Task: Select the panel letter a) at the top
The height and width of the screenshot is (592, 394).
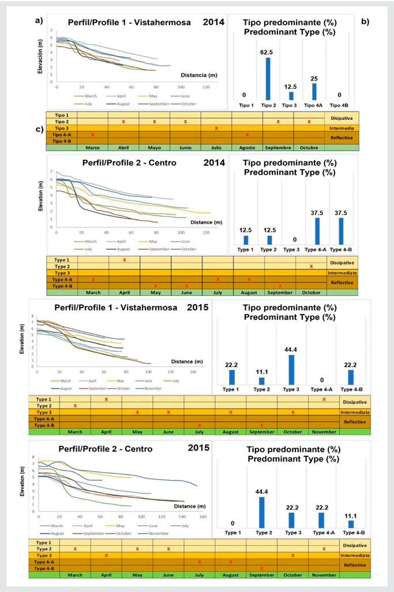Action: pyautogui.click(x=39, y=21)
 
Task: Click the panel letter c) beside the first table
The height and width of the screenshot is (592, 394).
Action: pyautogui.click(x=39, y=129)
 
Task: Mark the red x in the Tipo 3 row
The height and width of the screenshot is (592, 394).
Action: pyautogui.click(x=216, y=128)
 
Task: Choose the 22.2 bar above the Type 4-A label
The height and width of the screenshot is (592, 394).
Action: pyautogui.click(x=321, y=520)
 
